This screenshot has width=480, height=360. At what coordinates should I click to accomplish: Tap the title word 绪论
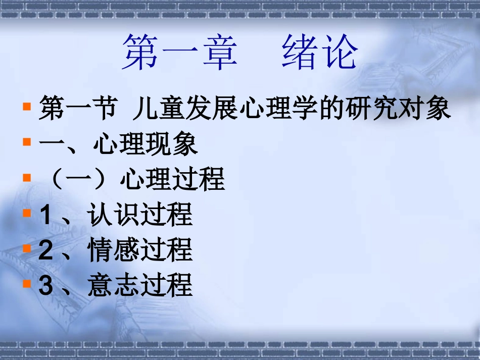320,53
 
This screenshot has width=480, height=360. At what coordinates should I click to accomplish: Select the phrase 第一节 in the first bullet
77,110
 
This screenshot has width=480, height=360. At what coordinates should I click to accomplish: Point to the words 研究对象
399,110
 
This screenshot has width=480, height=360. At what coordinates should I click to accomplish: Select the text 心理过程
172,180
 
